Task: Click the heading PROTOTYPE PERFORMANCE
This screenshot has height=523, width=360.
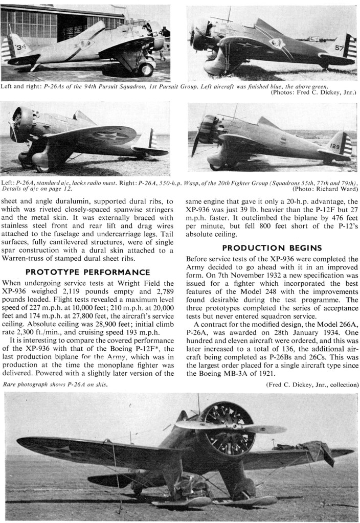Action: tap(88, 272)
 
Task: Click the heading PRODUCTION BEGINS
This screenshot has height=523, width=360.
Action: tap(272, 248)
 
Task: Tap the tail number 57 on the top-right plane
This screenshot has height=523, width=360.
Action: tap(339, 49)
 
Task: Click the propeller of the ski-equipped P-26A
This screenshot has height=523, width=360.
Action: tap(230, 427)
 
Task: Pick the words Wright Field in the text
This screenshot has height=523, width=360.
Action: tap(147, 281)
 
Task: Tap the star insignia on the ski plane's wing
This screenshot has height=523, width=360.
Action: tap(58, 450)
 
